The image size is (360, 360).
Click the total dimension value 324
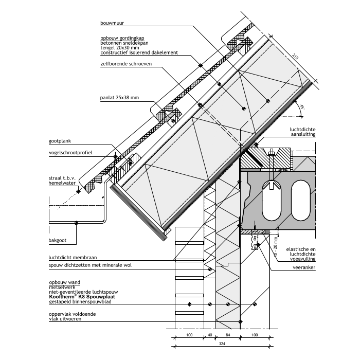point(222,344)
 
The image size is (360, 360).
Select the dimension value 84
point(228,335)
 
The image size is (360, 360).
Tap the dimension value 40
point(210,335)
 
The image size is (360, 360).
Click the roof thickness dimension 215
point(295,57)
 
